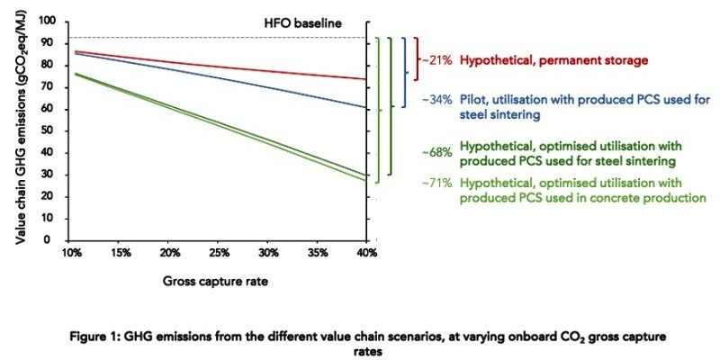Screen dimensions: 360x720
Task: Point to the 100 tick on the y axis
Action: [57, 21]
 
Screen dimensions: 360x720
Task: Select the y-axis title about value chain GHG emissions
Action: [21, 131]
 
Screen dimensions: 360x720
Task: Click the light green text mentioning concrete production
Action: [582, 190]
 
